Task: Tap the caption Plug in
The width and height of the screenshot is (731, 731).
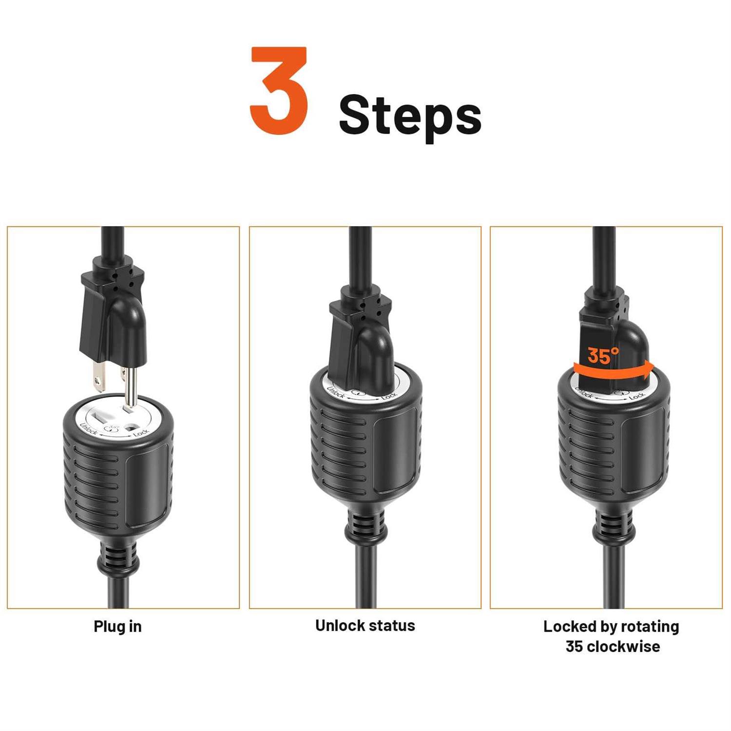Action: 117,627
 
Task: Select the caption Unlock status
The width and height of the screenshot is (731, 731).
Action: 365,625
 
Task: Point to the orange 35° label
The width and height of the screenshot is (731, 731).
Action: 603,356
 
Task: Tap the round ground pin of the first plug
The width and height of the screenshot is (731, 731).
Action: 131,386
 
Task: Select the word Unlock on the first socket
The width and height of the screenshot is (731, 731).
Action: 88,428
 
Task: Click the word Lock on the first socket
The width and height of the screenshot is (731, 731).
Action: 141,432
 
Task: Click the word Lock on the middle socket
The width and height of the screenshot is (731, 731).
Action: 389,397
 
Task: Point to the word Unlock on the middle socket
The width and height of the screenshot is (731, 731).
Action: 336,392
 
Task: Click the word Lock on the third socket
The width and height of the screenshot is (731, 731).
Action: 636,397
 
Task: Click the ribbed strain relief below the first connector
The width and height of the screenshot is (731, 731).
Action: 117,558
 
